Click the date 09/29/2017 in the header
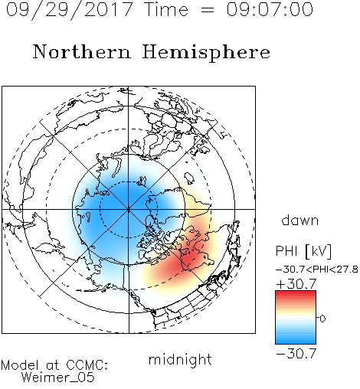point(69,10)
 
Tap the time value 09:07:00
point(270,9)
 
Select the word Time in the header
point(166,9)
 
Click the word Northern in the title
point(82,52)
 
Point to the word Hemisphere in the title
point(206,53)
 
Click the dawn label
point(299,220)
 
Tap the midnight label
point(180,359)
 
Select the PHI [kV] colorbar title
point(303,251)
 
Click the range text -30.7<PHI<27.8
point(316,270)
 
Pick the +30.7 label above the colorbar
point(296,284)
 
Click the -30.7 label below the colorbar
point(296,354)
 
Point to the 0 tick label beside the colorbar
point(322,319)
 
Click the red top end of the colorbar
point(296,293)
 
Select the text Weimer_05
point(57,378)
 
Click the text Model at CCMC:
point(54,365)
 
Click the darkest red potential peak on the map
point(188,260)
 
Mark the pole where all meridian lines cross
point(129,209)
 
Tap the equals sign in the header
point(208,10)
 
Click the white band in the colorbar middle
point(296,319)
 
